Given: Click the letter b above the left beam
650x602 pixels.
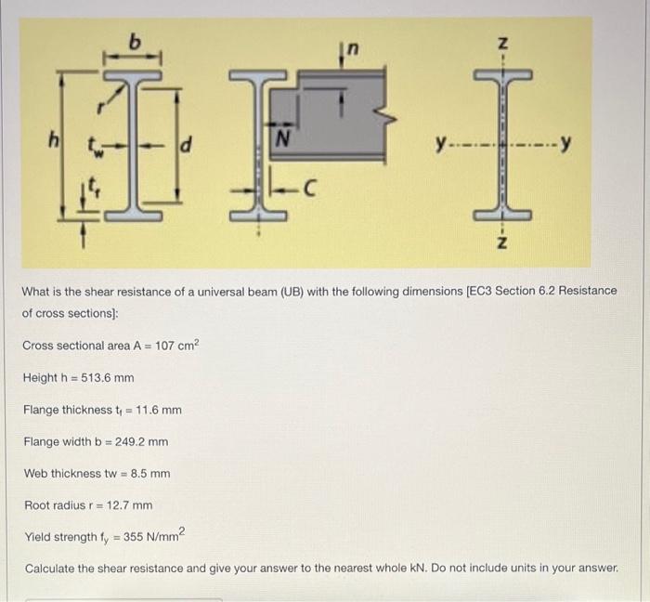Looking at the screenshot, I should point(136,41).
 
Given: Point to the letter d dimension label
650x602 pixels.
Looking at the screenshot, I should point(187,144).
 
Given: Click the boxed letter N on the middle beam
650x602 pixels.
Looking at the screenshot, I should point(290,142).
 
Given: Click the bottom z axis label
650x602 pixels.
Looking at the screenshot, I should point(502,242).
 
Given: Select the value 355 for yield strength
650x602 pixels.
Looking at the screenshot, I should point(125,537).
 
